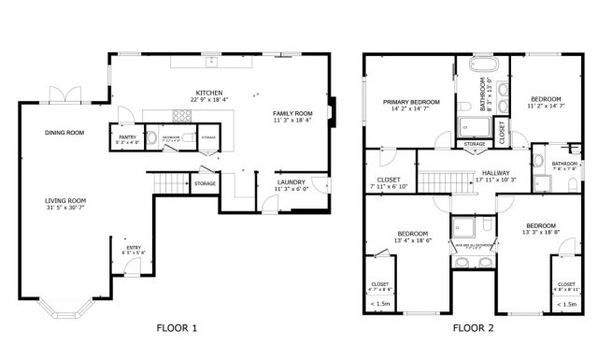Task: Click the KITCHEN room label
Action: (208, 94)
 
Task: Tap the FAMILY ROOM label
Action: (292, 113)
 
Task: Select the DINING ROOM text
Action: (64, 133)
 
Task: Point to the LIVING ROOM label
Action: (66, 200)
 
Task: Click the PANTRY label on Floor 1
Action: (128, 137)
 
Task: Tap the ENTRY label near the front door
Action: (133, 247)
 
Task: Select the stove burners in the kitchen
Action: (181, 116)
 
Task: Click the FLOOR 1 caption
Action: (178, 328)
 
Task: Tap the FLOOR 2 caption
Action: (473, 328)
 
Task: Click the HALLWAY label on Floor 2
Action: (496, 172)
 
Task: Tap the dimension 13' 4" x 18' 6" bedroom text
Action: (412, 240)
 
